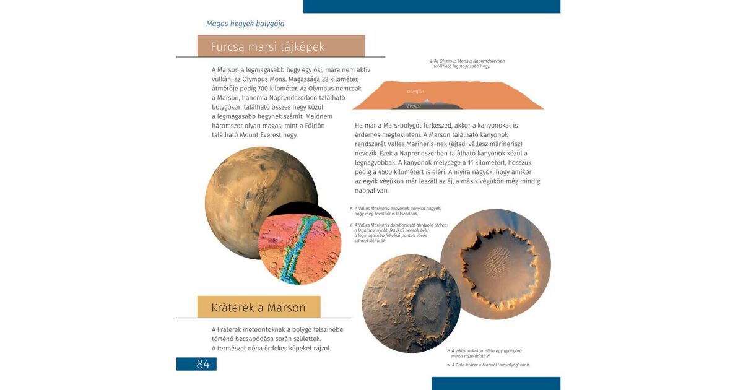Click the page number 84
[203, 364]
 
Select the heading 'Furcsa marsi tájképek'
[267, 47]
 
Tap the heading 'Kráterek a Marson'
[258, 308]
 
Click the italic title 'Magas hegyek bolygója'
[245, 24]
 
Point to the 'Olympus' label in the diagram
[416, 92]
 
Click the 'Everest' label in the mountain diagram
[414, 106]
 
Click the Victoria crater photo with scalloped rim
[495, 264]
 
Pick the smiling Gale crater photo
[411, 303]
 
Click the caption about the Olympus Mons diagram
[467, 63]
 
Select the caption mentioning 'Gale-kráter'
[489, 365]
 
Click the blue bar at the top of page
[432, 6]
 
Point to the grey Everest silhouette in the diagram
[427, 103]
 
